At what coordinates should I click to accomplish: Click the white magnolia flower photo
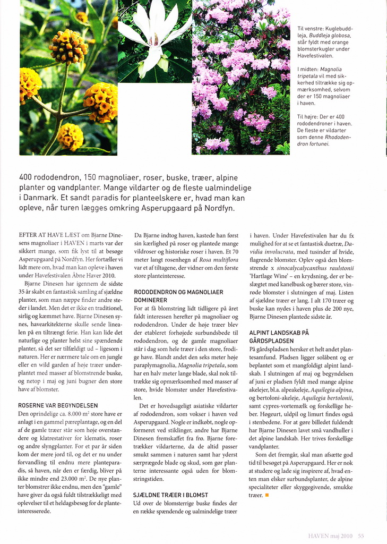(154, 41)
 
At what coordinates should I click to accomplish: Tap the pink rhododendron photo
(241, 77)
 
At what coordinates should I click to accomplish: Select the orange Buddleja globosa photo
(68, 77)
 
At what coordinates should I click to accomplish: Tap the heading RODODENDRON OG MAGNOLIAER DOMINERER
(178, 296)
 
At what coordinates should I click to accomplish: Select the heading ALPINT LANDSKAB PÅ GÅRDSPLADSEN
(279, 336)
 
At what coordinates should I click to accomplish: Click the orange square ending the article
(267, 496)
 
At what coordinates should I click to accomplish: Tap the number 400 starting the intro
(27, 177)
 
